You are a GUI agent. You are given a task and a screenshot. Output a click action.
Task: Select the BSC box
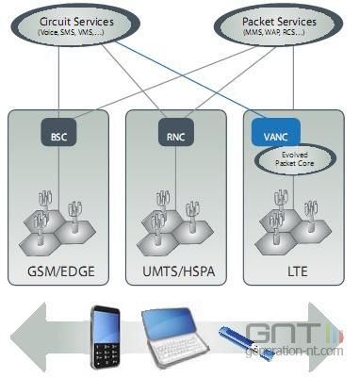(x=57, y=135)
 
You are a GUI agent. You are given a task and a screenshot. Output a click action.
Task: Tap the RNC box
(x=176, y=135)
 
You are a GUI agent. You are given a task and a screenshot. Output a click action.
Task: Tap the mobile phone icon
(x=106, y=337)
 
